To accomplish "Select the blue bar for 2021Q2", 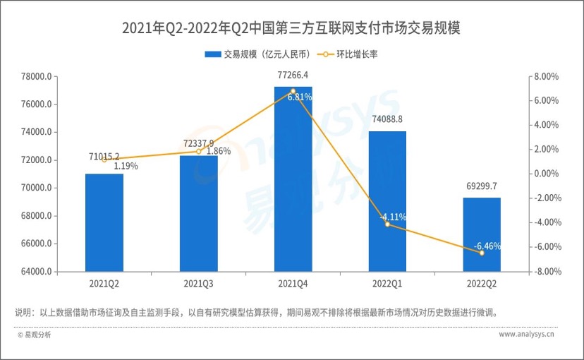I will pos(104,222).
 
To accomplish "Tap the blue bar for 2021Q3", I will pos(198,213).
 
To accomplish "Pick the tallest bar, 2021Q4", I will pos(293,179).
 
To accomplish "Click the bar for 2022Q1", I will pos(387,201).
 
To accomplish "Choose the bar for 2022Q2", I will pos(482,234).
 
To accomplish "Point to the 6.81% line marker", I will pos(293,91).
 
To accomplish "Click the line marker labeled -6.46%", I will pos(482,253).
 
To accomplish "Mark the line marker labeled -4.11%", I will pos(387,224).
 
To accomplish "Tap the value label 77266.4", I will pos(293,75).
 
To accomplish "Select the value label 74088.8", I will pos(387,119).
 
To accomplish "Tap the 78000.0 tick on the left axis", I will pos(35,77).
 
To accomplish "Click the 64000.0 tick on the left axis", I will pos(35,272).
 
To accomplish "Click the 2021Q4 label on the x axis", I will pos(293,284).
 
